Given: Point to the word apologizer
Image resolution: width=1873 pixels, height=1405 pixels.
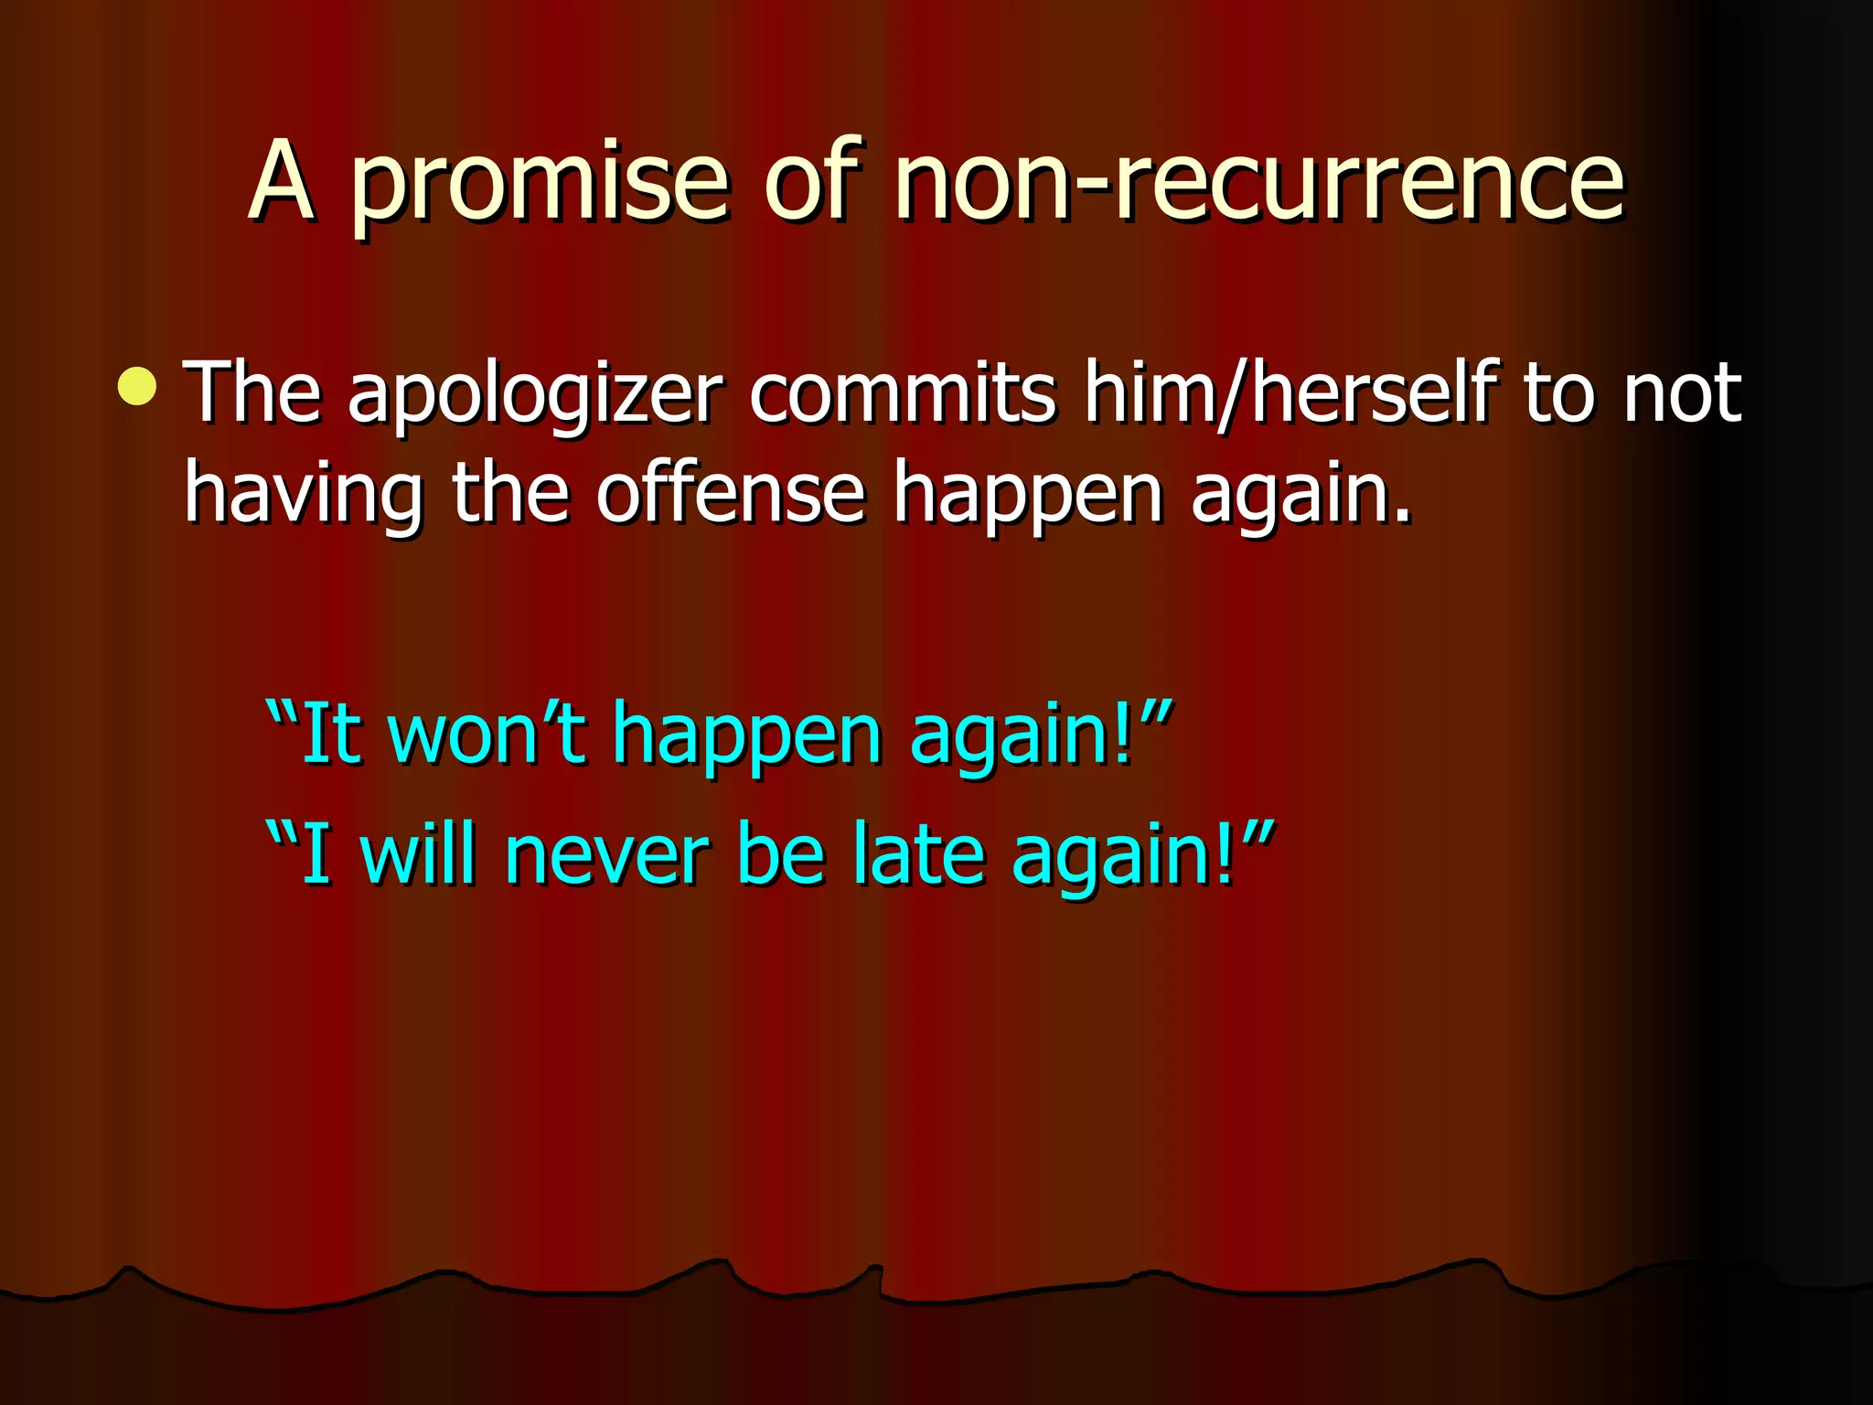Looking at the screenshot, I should pos(535,395).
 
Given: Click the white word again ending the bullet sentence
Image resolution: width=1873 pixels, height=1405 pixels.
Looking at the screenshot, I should pos(1299,494).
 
